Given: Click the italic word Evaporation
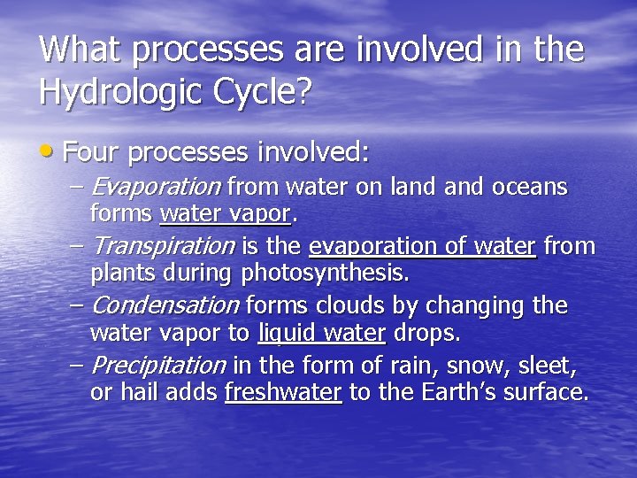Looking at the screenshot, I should [x=156, y=188].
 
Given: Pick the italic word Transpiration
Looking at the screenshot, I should [x=163, y=246].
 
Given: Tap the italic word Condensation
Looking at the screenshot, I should [x=165, y=305].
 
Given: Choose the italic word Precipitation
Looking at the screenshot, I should [x=158, y=365].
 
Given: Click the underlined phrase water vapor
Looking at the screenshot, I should [x=225, y=214].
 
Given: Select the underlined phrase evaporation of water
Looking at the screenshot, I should [x=422, y=246].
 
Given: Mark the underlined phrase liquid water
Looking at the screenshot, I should [x=321, y=333].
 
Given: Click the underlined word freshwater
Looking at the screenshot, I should [x=283, y=392].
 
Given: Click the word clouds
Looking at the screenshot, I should [x=354, y=305].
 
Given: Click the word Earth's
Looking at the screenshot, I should [x=439, y=392].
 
